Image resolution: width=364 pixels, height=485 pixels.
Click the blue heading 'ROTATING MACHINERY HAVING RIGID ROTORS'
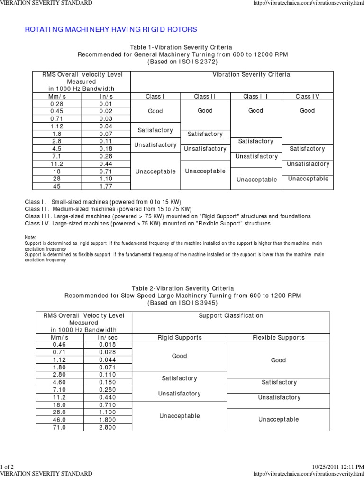110,30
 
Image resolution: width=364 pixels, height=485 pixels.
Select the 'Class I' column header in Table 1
155,96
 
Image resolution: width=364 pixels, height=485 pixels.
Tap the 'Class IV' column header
307,96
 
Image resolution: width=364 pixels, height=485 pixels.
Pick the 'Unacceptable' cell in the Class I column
155,171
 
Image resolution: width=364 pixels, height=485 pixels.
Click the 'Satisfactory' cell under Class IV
307,149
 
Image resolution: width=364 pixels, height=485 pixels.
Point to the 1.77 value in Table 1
106,186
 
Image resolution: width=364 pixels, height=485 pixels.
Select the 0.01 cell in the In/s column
106,104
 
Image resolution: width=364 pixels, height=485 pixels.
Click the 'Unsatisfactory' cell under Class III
256,156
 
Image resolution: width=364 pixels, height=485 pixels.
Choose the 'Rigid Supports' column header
179,338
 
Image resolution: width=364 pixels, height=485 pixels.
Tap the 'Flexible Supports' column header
278,338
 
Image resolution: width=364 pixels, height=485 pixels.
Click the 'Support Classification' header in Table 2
231,315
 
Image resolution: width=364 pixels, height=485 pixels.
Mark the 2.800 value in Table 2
108,428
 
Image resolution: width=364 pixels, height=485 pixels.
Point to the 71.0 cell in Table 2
60,428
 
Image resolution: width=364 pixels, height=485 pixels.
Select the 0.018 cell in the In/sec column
108,345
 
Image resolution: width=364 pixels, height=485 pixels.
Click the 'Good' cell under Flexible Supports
278,360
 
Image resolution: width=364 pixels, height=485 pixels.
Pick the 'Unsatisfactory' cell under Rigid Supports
179,394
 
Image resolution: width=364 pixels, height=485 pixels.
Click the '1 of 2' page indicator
8,467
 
